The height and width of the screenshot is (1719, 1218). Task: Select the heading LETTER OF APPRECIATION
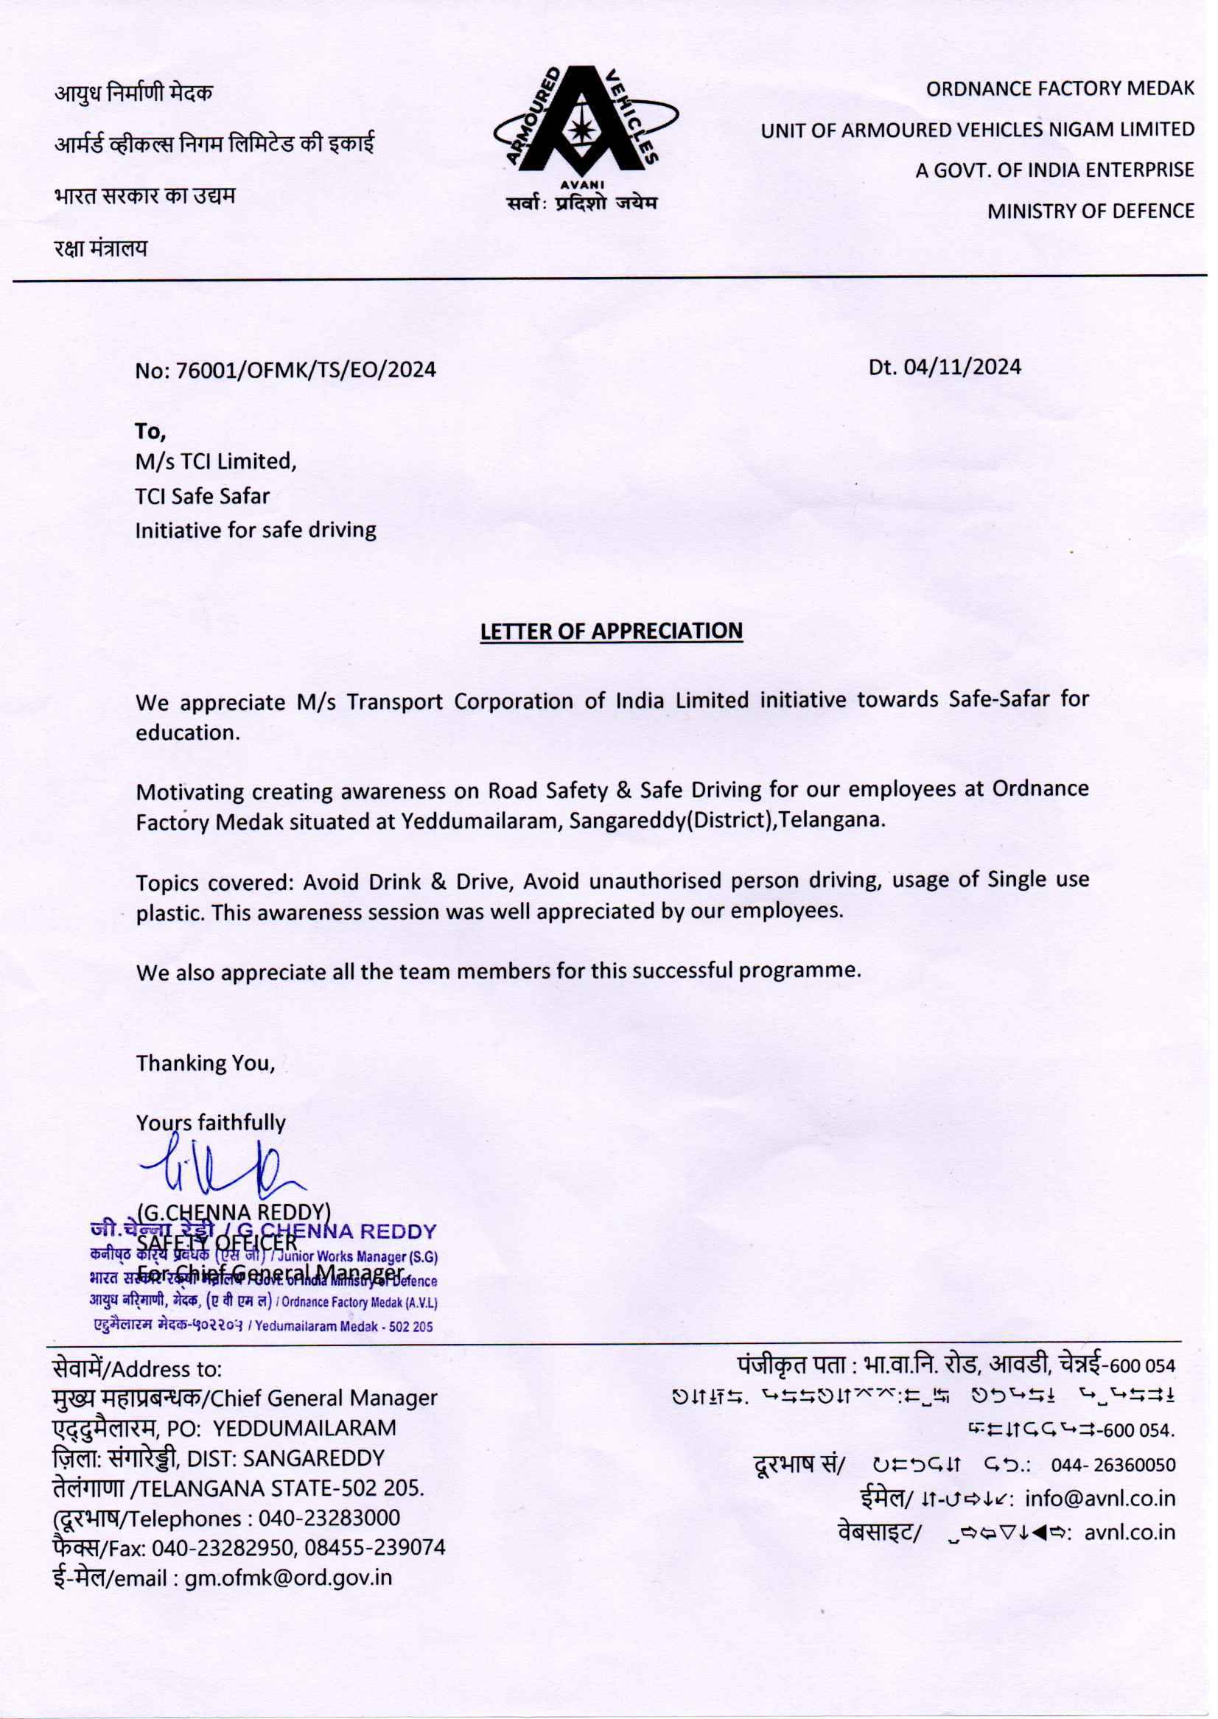tap(612, 631)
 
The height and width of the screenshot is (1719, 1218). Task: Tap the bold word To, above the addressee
tap(150, 431)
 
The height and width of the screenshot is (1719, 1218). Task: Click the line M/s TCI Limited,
tap(216, 461)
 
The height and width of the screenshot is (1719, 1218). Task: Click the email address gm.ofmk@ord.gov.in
tap(289, 1578)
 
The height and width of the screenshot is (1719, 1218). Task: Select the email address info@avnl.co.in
tap(1099, 1499)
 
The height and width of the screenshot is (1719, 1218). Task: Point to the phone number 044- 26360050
tap(1113, 1464)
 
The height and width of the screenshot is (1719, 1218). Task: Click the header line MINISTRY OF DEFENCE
tap(1091, 211)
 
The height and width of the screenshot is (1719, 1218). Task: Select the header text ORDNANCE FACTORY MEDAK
tap(1060, 88)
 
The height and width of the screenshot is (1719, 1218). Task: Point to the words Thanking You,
tap(206, 1062)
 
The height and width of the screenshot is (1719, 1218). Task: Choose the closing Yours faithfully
tap(211, 1123)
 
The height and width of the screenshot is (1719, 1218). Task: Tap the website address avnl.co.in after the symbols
tap(1130, 1533)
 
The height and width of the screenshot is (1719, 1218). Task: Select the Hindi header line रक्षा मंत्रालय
tap(100, 248)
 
